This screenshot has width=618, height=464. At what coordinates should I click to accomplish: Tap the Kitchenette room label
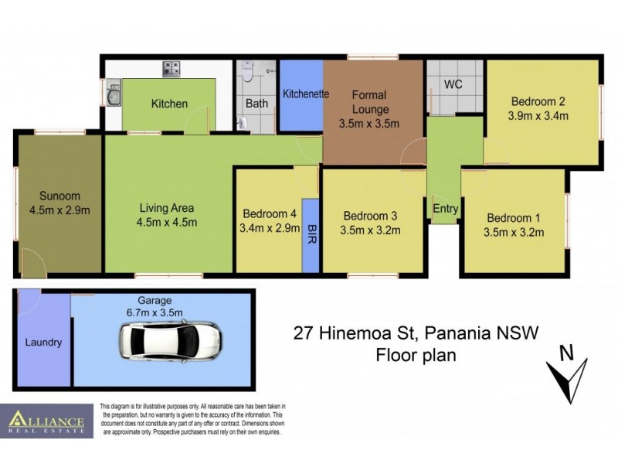point(306,94)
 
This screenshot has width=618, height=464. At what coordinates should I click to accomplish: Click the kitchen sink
point(113,96)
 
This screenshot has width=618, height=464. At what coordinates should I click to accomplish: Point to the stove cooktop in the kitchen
point(171,69)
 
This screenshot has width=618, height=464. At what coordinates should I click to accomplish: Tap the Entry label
point(446,209)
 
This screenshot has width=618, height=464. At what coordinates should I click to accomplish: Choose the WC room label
point(453,84)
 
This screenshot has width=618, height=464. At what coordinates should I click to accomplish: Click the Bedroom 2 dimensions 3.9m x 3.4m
point(538,116)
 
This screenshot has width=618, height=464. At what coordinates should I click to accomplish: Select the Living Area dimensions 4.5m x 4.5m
point(168,223)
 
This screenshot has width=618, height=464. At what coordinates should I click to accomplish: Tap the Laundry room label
point(43,342)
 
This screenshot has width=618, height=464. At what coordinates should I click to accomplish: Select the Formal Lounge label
point(369,102)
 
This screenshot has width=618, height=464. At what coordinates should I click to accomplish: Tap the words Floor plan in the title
point(416,356)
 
